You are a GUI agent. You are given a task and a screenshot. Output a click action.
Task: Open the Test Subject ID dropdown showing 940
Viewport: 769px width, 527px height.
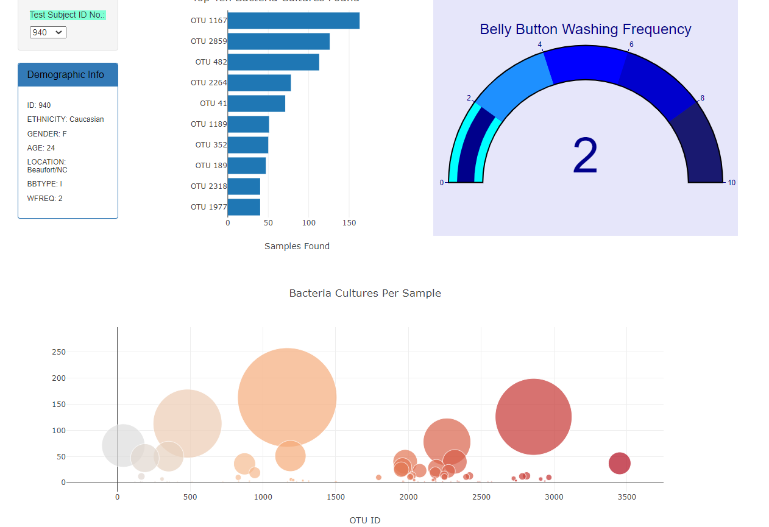coord(48,32)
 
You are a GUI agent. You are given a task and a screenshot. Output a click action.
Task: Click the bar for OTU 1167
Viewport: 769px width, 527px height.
coord(293,21)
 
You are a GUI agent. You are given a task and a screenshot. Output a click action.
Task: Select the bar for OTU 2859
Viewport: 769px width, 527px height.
coord(278,41)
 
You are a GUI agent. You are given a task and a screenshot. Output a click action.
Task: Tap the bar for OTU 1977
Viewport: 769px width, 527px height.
coord(244,207)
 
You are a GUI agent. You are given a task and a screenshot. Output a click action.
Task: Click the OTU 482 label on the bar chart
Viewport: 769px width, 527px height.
coord(211,62)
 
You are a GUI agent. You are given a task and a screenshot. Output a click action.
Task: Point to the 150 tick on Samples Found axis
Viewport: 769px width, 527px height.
coord(349,223)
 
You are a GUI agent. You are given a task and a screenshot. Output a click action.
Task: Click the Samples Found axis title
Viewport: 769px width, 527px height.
coord(297,246)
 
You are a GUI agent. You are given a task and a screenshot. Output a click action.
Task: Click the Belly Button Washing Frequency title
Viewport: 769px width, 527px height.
coord(585,29)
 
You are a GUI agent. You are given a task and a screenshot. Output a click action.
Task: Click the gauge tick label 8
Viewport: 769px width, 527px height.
coord(702,98)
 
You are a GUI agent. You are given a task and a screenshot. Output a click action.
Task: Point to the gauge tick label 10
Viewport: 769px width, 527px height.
coord(731,183)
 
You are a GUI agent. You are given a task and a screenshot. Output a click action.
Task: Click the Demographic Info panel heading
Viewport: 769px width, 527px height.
coord(66,75)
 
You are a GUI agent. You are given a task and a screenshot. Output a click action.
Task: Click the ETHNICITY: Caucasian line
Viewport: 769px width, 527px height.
coord(65,119)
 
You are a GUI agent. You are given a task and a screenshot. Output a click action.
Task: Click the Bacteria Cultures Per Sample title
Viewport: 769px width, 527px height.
coord(364,293)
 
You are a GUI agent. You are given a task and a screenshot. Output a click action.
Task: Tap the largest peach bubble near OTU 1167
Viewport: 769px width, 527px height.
coord(287,397)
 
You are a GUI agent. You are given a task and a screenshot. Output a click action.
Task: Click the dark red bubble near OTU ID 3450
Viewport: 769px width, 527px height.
coord(619,464)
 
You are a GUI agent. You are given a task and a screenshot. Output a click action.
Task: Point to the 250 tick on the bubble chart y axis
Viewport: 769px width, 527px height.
coord(58,352)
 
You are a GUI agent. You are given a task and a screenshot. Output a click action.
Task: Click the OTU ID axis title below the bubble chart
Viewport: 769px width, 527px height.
coord(364,520)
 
